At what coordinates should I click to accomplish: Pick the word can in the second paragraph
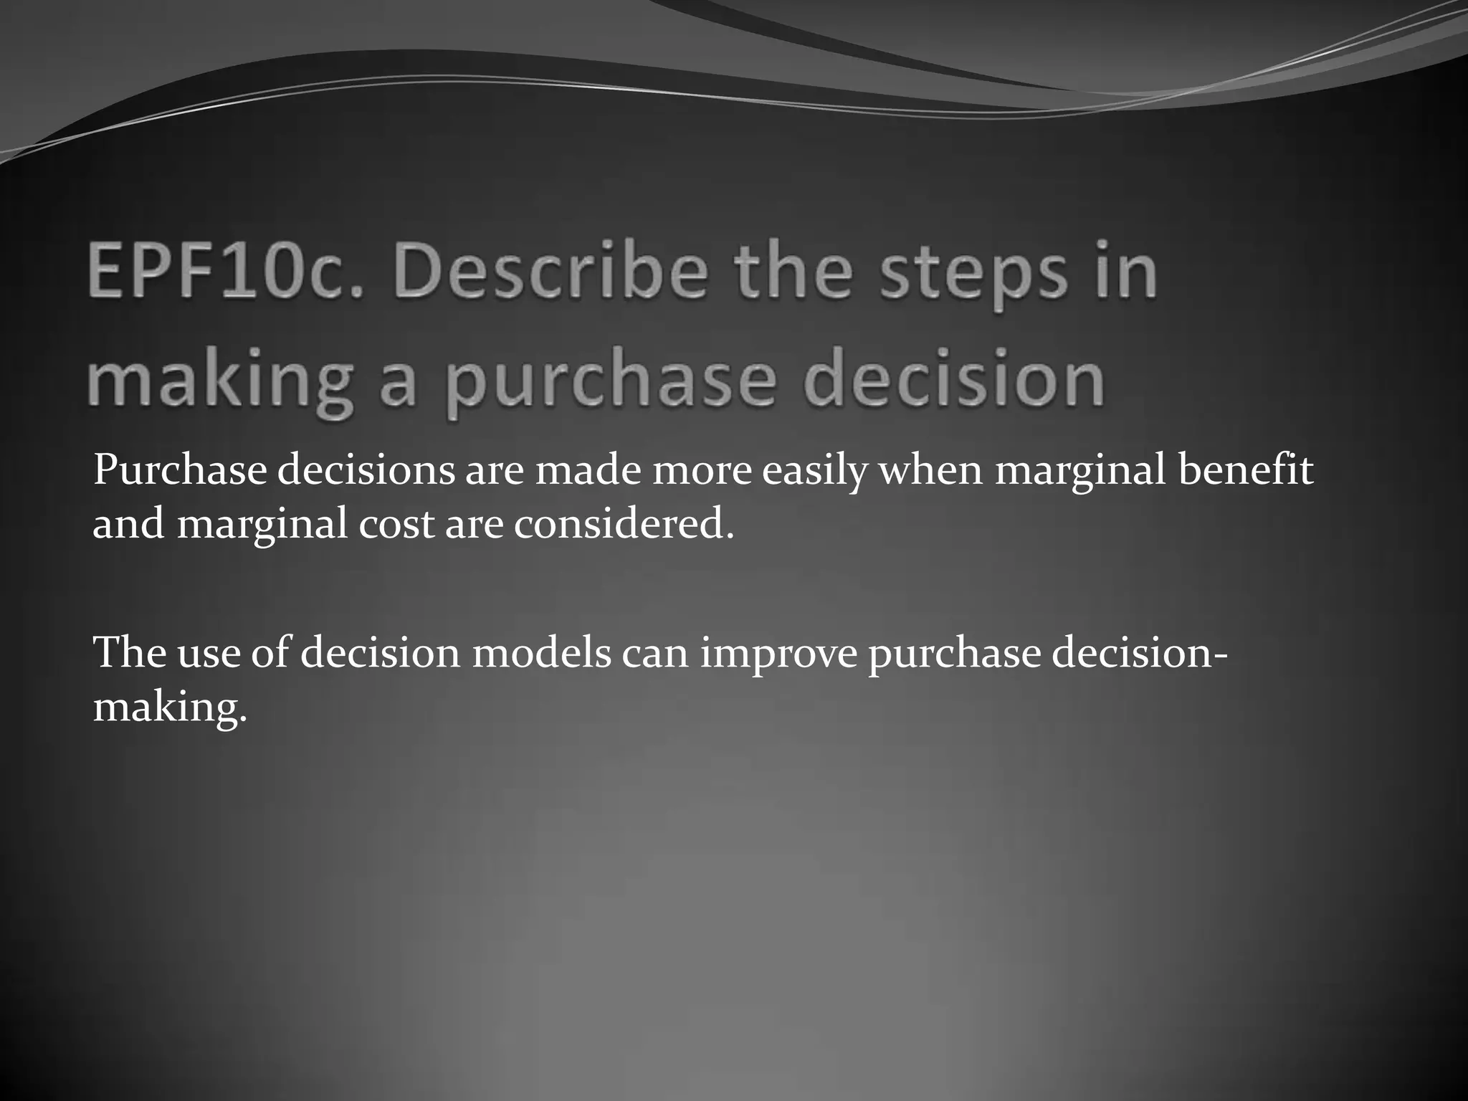coord(655,654)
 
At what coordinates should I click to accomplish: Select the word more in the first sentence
coord(702,472)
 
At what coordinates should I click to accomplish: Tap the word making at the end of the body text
coord(169,709)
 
